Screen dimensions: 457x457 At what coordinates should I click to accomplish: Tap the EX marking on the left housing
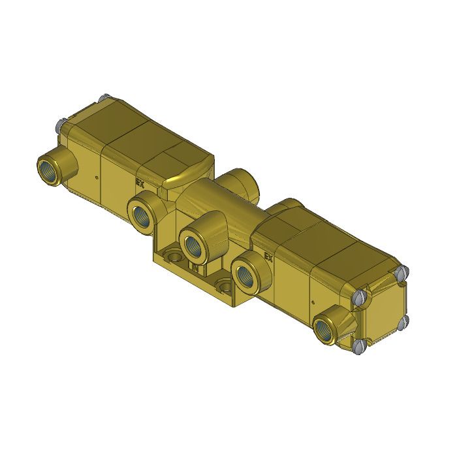(x=139, y=183)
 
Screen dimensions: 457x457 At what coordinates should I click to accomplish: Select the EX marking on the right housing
(x=269, y=257)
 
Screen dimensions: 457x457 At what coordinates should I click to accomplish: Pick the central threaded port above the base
(x=193, y=245)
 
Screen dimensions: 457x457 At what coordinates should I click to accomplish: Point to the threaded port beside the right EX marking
(x=245, y=274)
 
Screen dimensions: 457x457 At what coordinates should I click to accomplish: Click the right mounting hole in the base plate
(x=225, y=286)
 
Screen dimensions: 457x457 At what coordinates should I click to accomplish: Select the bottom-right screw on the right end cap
(x=403, y=320)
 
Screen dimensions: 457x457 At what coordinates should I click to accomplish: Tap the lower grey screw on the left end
(x=58, y=123)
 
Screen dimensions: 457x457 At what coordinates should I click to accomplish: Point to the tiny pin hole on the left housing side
(x=97, y=177)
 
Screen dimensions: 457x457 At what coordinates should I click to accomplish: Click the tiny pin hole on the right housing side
(x=313, y=301)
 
